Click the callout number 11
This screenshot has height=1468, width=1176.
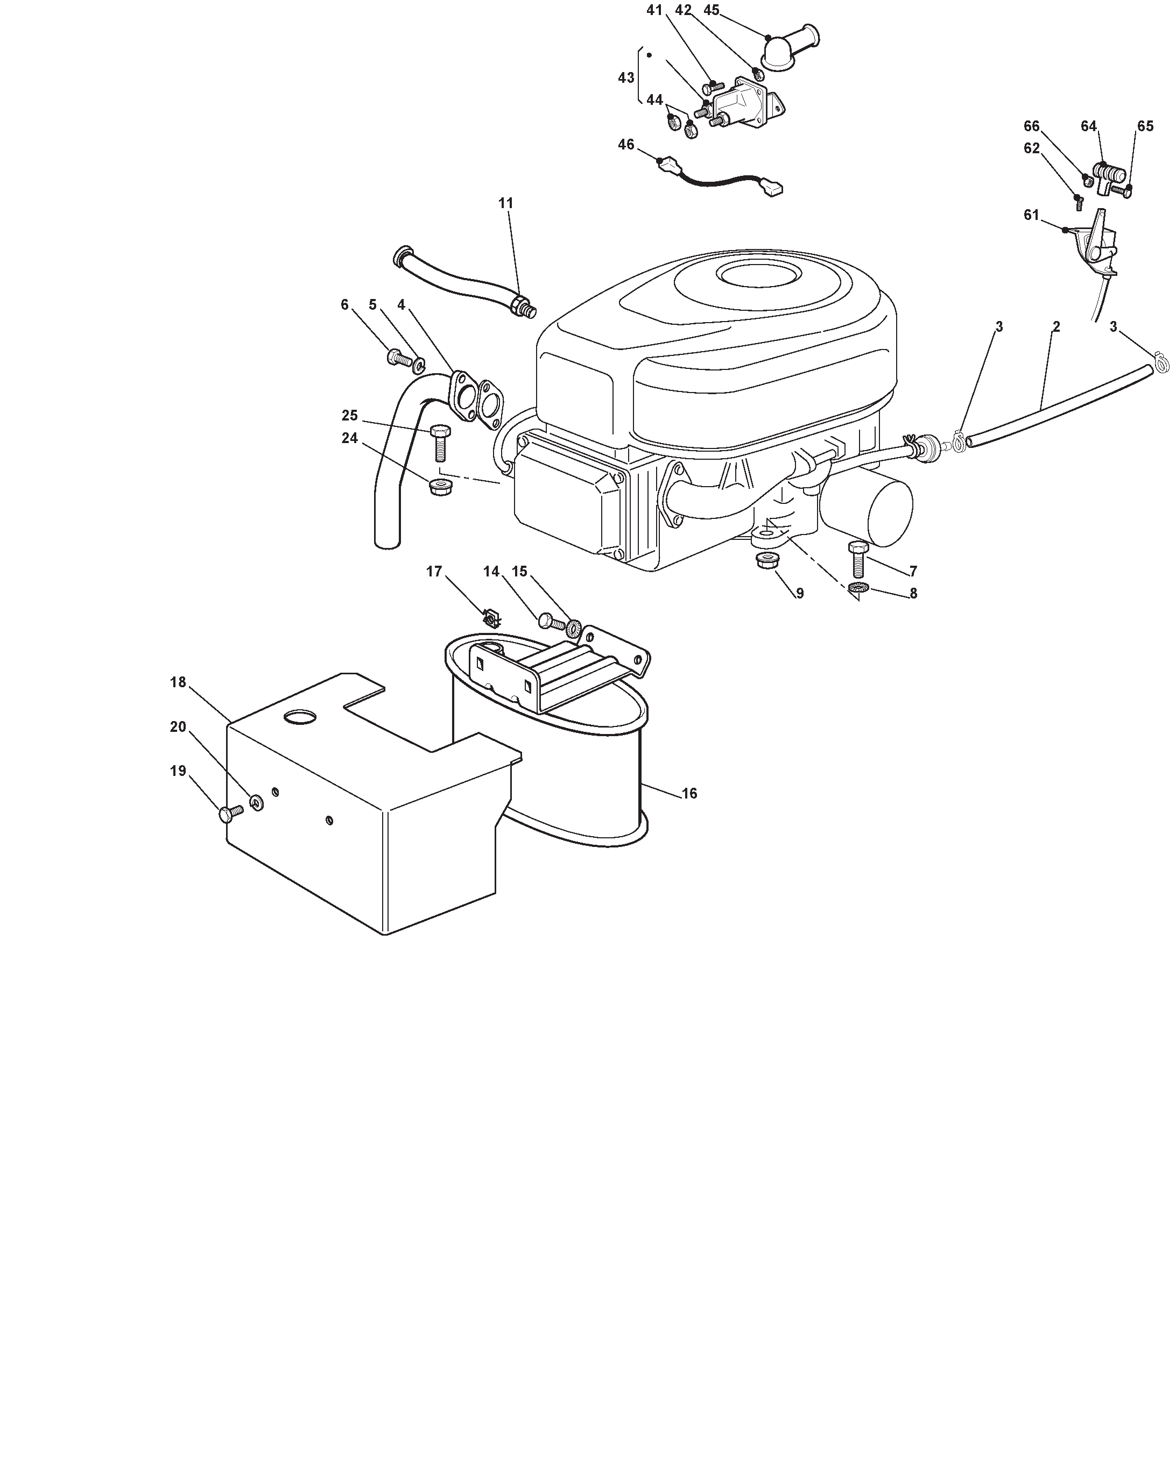[505, 203]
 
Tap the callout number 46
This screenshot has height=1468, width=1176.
[626, 144]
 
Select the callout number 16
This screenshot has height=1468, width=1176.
[689, 793]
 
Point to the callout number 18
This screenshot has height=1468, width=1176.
[178, 682]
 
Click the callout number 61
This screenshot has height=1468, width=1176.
[1032, 215]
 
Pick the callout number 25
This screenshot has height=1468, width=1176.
[349, 415]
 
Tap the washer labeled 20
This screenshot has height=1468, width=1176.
[257, 803]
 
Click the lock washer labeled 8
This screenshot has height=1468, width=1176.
[858, 587]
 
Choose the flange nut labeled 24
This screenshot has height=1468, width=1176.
[441, 486]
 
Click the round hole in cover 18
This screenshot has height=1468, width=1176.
[300, 716]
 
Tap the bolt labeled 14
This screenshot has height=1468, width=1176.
[551, 621]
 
